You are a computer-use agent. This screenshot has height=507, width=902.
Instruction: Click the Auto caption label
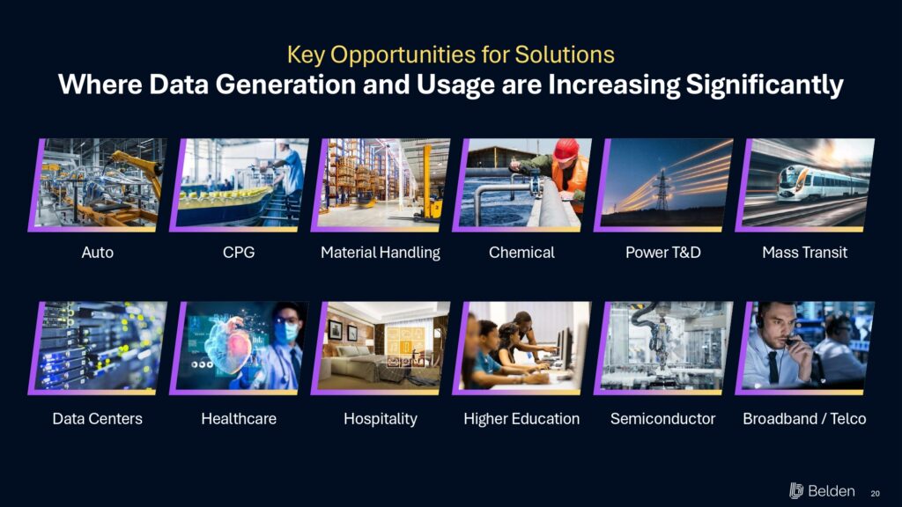point(97,253)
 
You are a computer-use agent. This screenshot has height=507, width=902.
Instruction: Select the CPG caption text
point(239,253)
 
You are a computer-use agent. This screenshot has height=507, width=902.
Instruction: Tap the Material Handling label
point(381,253)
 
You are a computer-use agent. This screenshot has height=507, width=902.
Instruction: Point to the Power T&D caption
point(663,253)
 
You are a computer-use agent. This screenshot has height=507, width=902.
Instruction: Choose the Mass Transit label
point(805,253)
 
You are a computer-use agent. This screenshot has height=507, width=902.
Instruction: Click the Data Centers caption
point(97,418)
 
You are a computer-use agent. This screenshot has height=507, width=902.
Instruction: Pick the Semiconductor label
point(662,418)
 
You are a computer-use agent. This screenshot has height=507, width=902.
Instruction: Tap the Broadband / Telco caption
point(804,418)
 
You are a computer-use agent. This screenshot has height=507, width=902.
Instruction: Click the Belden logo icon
point(796,491)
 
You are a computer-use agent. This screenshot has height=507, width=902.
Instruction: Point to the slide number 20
point(875,493)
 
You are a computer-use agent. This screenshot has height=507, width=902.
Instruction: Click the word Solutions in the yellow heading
point(565,55)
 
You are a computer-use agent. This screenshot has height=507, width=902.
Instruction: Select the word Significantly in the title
point(765,85)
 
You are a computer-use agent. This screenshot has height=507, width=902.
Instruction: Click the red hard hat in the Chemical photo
point(566,150)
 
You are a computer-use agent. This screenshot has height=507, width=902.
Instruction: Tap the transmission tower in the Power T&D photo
point(662,190)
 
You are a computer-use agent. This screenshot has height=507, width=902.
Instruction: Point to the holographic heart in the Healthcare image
point(230,344)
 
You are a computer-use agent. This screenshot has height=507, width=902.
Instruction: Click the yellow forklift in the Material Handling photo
point(429,184)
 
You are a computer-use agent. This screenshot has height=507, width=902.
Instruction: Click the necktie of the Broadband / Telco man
point(774,367)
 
